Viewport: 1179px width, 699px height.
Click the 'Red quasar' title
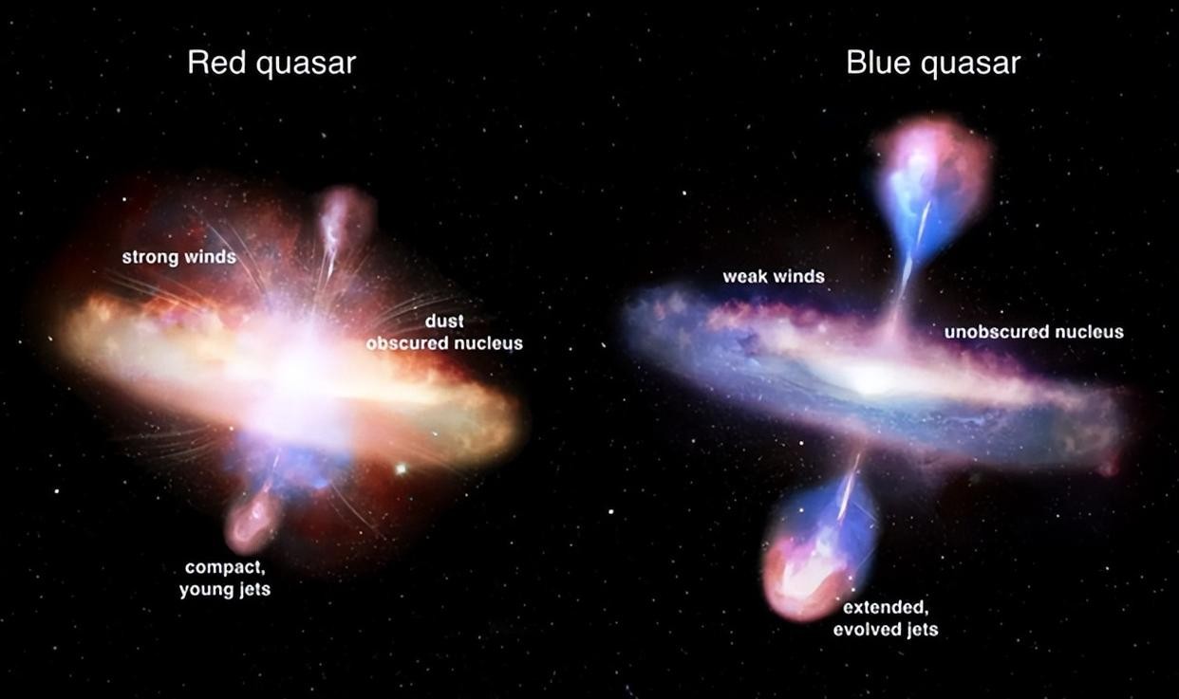271,64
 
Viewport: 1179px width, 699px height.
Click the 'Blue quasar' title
933,64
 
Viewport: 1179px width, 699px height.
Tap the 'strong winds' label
179,257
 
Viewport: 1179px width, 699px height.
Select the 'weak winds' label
774,276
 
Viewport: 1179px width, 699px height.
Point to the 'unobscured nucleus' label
1034,332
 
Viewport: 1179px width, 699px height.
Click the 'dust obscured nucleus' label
444,332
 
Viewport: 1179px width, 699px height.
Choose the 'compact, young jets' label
225,578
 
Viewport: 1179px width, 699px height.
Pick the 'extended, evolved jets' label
886,618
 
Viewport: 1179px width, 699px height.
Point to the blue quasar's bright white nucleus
869,379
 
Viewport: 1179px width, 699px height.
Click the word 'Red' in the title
216,63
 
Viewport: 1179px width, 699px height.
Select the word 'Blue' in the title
878,63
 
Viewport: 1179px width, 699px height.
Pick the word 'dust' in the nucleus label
444,321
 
